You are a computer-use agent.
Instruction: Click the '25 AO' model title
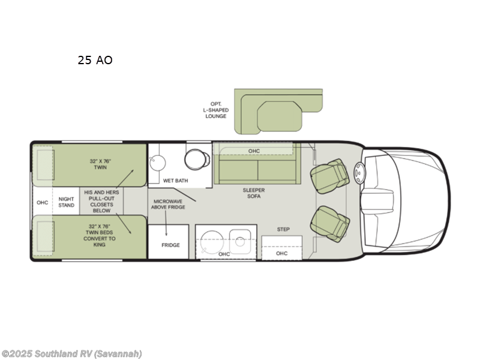95,60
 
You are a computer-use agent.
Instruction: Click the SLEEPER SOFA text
253,194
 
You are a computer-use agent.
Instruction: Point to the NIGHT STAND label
67,202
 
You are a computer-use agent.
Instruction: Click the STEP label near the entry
283,229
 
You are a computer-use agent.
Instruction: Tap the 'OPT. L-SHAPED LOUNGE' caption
216,110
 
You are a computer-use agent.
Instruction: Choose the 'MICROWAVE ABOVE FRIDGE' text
169,204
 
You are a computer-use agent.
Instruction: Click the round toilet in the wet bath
196,159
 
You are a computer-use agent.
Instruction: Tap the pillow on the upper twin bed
44,164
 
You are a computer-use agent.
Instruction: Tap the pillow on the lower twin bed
44,236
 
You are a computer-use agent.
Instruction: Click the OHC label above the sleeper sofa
254,151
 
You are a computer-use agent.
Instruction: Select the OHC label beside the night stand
42,202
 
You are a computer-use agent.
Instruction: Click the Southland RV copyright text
71,354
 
